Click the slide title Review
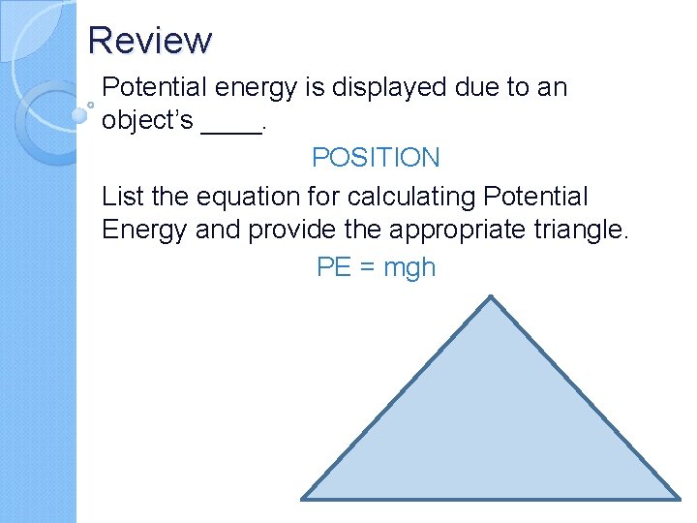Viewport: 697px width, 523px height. (x=149, y=41)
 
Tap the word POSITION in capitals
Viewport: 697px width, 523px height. (x=376, y=158)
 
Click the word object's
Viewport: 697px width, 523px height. (x=147, y=123)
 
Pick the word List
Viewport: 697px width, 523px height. (x=122, y=197)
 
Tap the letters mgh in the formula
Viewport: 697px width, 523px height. (x=409, y=268)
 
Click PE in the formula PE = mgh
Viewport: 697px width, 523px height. (x=334, y=267)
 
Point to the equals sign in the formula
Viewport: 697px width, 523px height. (x=367, y=268)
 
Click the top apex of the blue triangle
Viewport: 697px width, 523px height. (x=492, y=297)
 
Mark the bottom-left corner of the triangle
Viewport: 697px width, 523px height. (x=303, y=499)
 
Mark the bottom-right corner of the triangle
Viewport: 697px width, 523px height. (x=679, y=499)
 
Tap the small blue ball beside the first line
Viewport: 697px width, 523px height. (x=80, y=112)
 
